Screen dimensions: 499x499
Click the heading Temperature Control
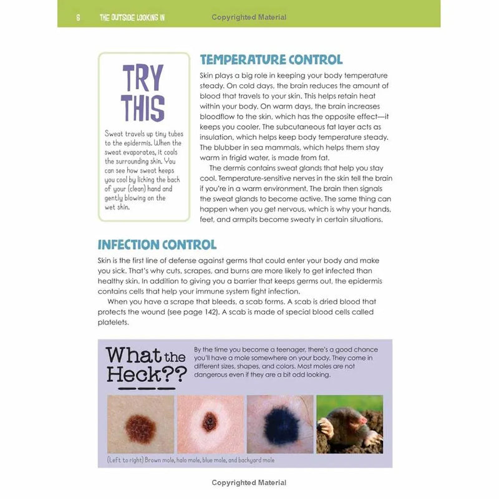pos(271,61)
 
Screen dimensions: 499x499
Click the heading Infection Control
pos(157,245)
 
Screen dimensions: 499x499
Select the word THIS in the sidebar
pos(143,107)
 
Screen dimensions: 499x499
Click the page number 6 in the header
pos(78,17)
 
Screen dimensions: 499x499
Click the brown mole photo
pos(140,424)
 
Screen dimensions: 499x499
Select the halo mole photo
pos(210,424)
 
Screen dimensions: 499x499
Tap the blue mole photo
pos(280,424)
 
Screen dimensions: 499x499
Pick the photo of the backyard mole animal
pos(349,424)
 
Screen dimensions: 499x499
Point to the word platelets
pos(113,322)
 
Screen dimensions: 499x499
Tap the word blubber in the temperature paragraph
pos(229,147)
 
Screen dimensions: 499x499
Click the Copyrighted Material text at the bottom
pos(249,483)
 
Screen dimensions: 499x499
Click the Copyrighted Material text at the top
pos(249,17)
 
